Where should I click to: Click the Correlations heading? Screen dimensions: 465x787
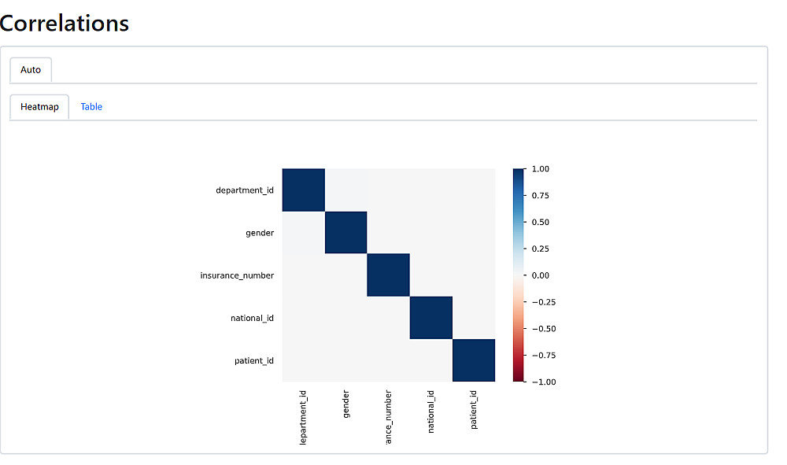65,23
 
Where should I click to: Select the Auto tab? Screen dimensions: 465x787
31,70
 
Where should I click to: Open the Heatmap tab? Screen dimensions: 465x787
39,107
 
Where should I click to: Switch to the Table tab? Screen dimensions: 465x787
91,107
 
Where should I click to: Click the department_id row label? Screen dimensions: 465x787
245,190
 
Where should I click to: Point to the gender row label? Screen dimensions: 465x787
260,233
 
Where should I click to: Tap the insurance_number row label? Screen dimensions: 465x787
237,275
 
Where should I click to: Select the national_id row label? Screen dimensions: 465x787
252,318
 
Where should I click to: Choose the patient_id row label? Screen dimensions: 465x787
254,360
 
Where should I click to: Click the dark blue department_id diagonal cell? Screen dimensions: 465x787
303,190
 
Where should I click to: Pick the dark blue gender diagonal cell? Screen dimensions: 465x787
345,233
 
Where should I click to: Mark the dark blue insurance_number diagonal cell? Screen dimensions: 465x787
388,275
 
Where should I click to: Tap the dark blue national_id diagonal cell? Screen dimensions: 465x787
430,318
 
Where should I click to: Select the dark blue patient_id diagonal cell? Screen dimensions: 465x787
473,360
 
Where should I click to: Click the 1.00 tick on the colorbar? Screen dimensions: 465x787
540,169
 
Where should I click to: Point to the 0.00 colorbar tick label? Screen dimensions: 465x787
540,275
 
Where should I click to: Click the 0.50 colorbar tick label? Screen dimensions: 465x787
540,222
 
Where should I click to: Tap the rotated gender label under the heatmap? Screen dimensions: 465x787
346,402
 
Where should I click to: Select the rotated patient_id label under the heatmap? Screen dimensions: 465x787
474,408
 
